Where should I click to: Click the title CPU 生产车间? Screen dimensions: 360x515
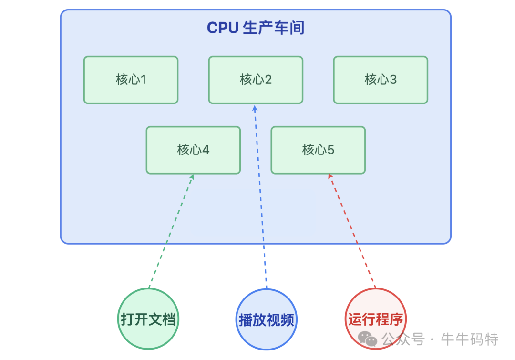coord(255,28)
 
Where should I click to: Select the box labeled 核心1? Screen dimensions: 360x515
coord(131,80)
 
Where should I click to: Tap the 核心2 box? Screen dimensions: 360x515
coord(256,80)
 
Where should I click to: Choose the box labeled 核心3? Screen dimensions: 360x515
coord(381,80)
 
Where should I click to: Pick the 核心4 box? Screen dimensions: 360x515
coord(193,150)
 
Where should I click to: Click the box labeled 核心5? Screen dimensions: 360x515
coord(318,150)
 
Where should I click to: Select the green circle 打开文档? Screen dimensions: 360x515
coord(148,319)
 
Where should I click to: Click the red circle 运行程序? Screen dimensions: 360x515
coord(375,319)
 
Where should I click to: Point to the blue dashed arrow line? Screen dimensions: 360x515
coord(261,200)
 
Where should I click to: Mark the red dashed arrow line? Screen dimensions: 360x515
coord(353,234)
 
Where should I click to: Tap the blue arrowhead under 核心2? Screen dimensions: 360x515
coord(255,108)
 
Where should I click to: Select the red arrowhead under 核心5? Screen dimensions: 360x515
coord(330,177)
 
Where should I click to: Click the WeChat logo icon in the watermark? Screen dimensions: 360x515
coord(368,339)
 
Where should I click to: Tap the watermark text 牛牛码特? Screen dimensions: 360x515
coord(470,339)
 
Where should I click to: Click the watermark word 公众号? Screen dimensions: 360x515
coord(403,339)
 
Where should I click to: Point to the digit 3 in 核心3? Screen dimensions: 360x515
coord(393,80)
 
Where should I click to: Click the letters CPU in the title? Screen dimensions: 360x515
coord(222,28)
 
